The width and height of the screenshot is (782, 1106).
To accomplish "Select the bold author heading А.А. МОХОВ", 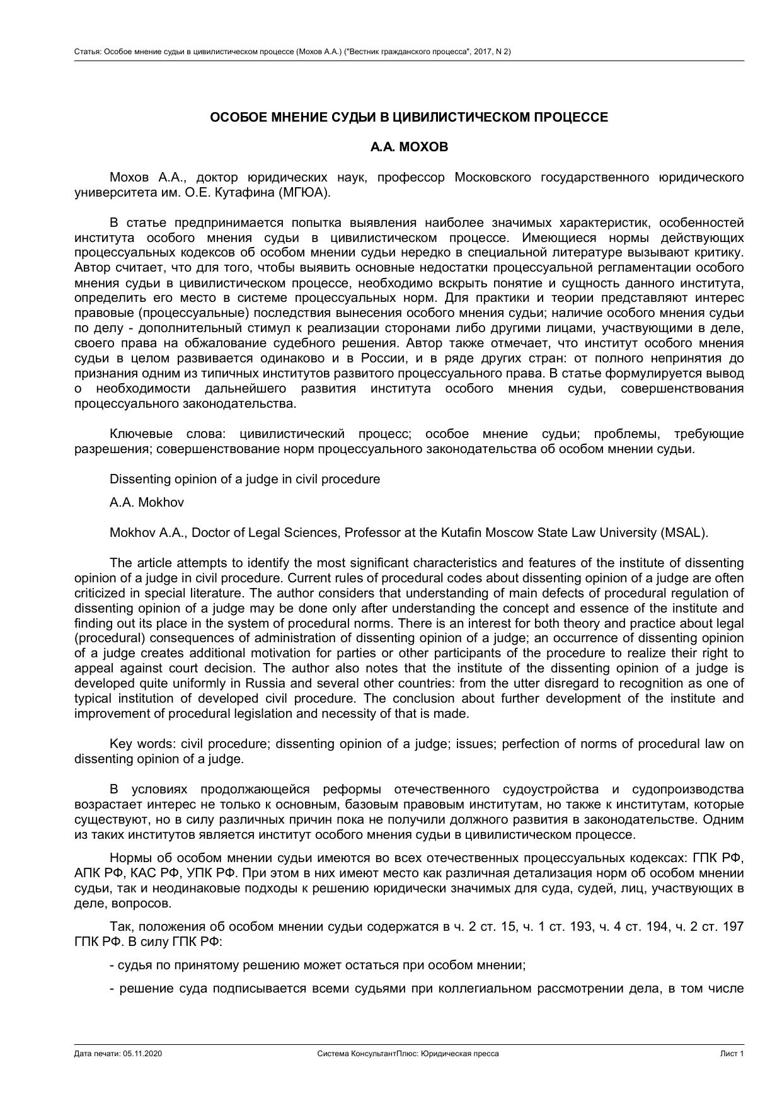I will (409, 147).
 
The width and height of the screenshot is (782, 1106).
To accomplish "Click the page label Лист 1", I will (732, 1054).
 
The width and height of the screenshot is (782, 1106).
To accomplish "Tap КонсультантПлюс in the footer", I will (379, 1054).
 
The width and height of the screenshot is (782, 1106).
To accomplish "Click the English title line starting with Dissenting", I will (244, 479).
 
